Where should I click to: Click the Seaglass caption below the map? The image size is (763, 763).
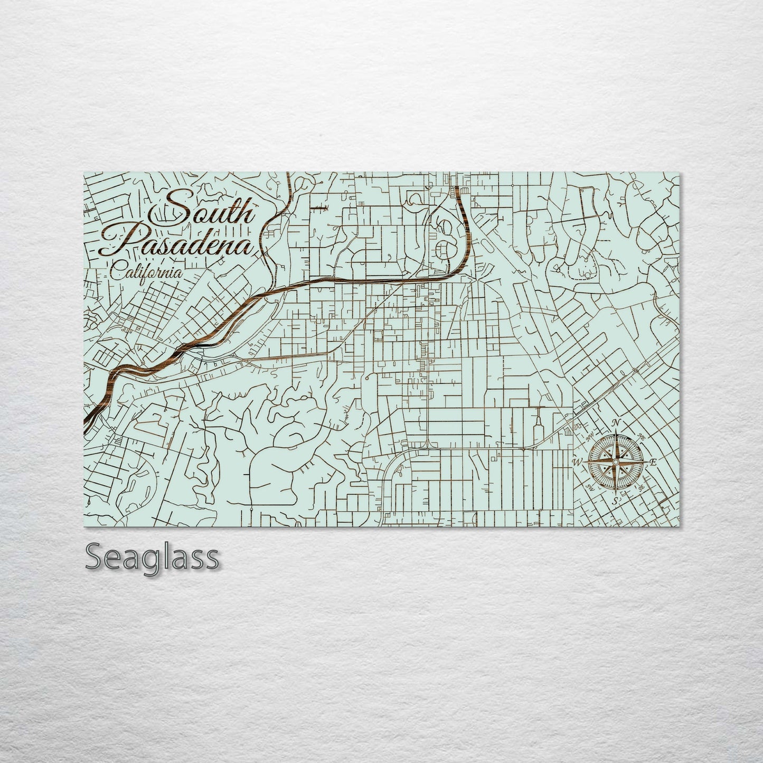pos(152,557)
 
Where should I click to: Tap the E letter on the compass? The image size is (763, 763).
pos(653,463)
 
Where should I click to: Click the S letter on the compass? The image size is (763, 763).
pos(615,501)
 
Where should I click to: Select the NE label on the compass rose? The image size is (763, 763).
pos(642,436)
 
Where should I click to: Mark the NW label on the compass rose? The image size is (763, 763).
pos(590,437)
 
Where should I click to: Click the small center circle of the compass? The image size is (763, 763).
pos(615,462)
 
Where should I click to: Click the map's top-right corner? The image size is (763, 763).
pos(680,173)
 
